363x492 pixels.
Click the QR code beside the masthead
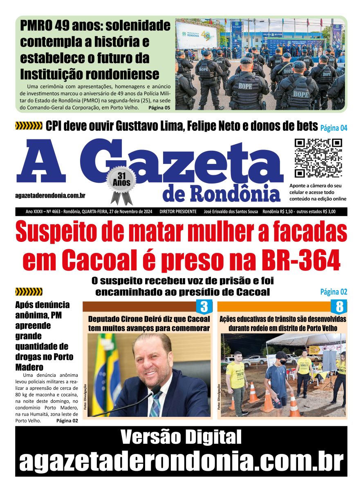(318, 158)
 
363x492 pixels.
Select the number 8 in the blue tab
(339, 307)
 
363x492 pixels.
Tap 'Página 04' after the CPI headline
(334, 128)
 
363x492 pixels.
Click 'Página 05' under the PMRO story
(159, 108)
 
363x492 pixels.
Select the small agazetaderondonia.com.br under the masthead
(50, 196)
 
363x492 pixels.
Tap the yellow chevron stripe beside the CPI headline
(29, 126)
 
